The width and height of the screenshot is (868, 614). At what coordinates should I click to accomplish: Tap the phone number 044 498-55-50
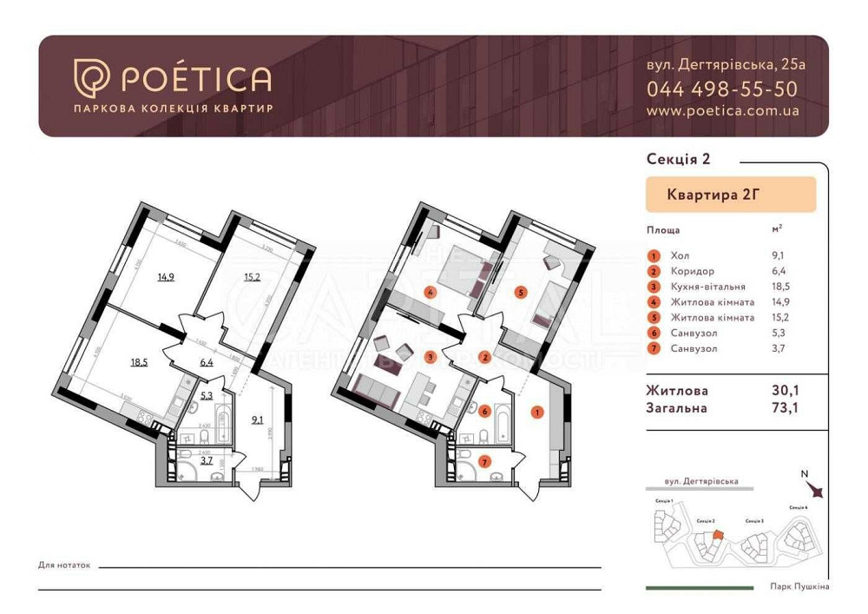point(721,89)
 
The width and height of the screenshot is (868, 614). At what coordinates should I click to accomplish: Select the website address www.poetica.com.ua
point(722,111)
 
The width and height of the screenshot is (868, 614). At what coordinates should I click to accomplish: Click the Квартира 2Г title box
point(730,195)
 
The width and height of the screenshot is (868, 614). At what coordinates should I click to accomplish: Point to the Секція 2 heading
point(679,158)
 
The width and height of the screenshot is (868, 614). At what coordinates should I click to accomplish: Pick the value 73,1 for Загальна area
point(786,408)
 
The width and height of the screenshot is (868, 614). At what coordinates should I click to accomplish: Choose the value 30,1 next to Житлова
point(786,392)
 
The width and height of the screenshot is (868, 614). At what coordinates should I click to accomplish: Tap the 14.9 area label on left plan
point(166,278)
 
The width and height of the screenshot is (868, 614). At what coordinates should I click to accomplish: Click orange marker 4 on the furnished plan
point(428,291)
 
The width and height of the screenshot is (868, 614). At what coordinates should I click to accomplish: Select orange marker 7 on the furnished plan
point(486,461)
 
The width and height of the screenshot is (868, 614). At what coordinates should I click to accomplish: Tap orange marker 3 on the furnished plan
point(428,356)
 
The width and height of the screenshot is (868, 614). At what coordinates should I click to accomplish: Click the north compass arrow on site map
point(816,491)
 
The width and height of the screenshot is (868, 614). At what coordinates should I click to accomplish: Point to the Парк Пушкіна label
point(799,587)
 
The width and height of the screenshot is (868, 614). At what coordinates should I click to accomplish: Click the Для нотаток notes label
point(64,565)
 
